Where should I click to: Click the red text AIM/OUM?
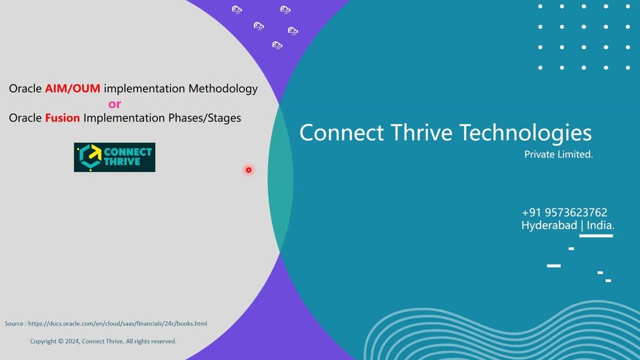72,88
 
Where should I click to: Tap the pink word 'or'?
114,104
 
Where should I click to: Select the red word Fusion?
62,118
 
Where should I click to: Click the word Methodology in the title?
223,89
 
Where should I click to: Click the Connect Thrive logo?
114,157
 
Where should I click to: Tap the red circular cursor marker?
248,170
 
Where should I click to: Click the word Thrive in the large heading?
422,133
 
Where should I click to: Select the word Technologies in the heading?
525,133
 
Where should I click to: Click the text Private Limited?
558,154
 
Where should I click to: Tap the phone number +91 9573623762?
564,212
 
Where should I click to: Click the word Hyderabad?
549,225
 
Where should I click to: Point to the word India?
600,225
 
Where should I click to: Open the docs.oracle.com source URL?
117,323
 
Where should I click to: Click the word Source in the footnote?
14,323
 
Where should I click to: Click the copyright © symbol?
60,341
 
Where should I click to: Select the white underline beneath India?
596,235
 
